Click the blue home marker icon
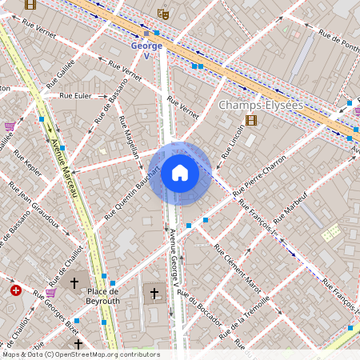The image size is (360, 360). [x=180, y=173]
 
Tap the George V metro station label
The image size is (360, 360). [x=146, y=50]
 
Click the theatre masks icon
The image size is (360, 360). [x=164, y=14]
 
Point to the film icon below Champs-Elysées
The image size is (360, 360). [x=252, y=121]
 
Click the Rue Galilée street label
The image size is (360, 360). [x=59, y=74]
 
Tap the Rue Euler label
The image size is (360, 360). [x=76, y=96]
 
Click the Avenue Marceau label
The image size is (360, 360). [x=66, y=167]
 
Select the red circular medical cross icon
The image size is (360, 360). [x=15, y=290]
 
